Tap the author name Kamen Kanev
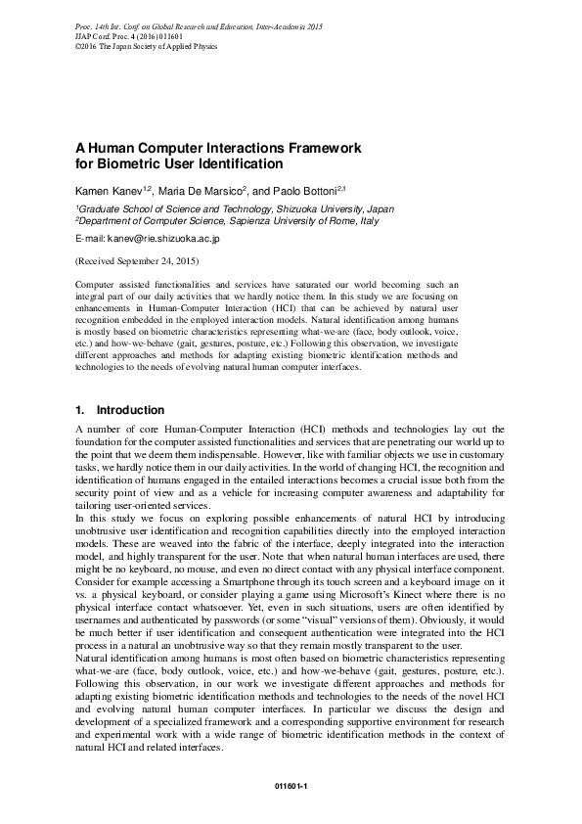click(108, 189)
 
